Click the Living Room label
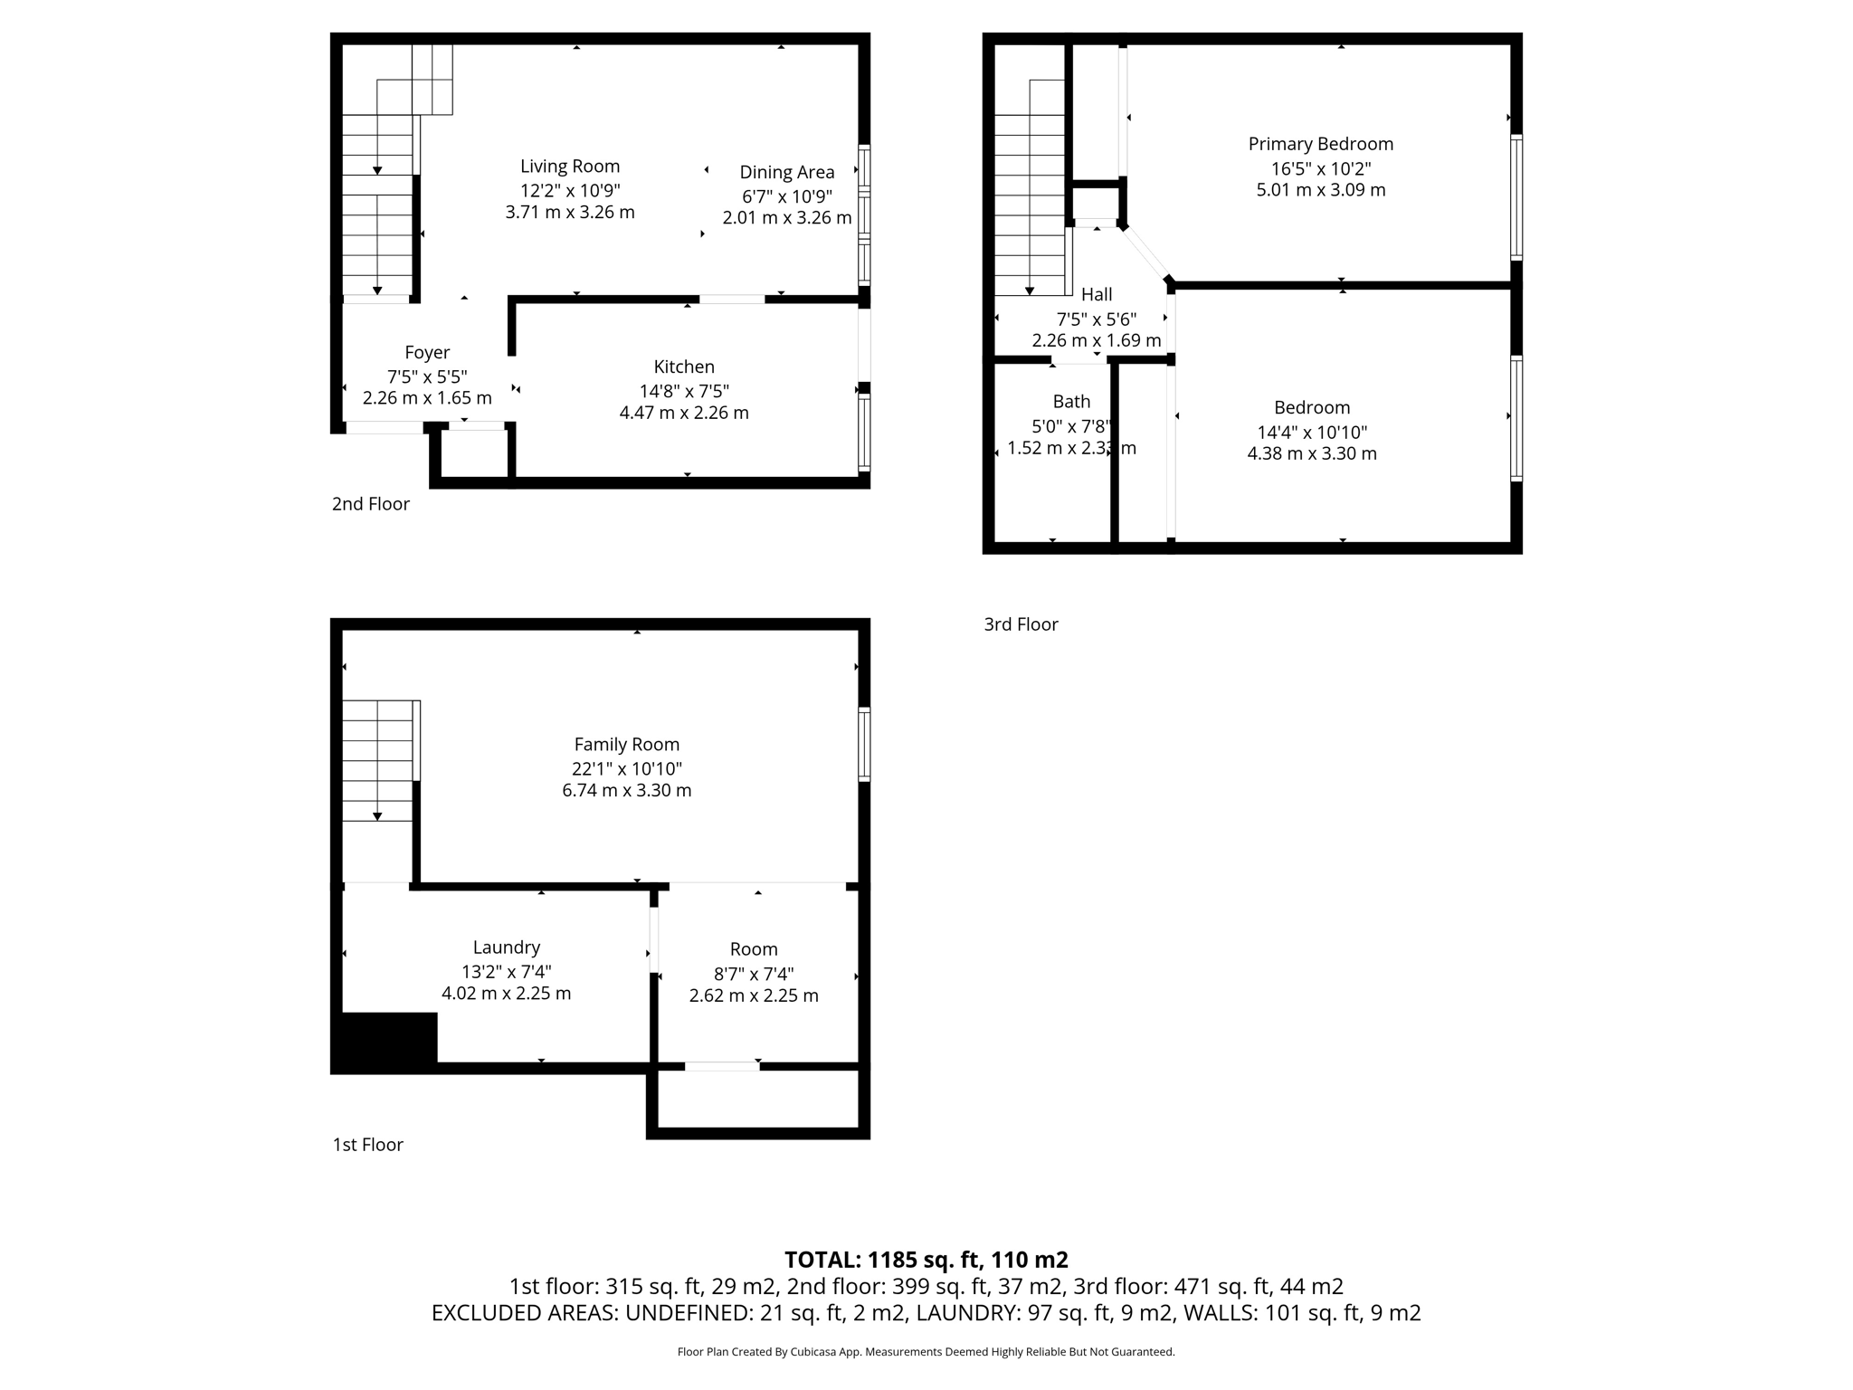point(570,167)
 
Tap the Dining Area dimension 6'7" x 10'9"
point(786,196)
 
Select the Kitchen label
point(684,367)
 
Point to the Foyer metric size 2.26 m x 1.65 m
point(427,398)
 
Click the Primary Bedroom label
point(1320,144)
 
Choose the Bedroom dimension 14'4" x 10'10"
point(1312,433)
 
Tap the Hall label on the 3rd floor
point(1097,294)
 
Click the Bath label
point(1071,402)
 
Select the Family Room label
point(626,744)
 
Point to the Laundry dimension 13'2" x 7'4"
point(506,972)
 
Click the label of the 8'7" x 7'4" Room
point(754,949)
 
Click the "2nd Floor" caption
point(370,504)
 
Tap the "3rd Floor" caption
point(1021,624)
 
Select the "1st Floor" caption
point(367,1145)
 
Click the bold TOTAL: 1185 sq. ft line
point(926,1260)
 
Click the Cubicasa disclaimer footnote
point(926,1352)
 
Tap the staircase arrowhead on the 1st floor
point(377,816)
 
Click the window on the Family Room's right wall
point(864,744)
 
